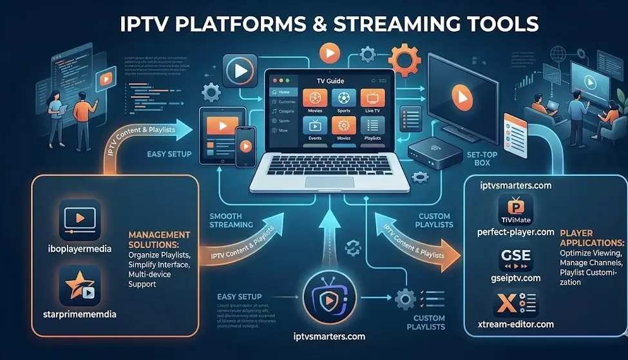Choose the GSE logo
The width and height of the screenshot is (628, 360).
click(x=515, y=257)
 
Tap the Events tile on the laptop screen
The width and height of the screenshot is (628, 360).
click(x=315, y=131)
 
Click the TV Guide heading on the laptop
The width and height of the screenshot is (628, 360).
click(x=330, y=81)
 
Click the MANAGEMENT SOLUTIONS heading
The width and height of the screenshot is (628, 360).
click(x=159, y=239)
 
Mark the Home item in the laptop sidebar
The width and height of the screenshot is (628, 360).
click(x=284, y=93)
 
